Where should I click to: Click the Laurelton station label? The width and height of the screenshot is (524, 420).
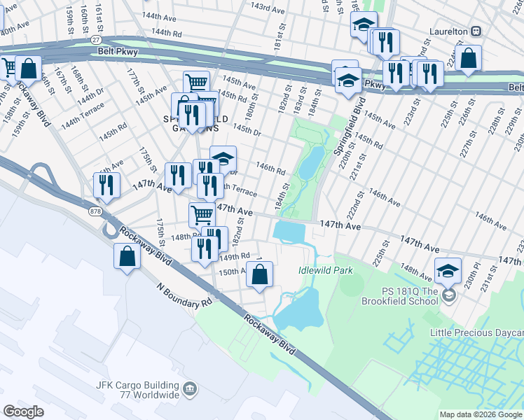click(448, 32)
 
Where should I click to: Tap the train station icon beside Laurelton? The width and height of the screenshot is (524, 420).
click(476, 32)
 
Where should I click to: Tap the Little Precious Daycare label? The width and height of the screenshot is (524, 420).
click(479, 333)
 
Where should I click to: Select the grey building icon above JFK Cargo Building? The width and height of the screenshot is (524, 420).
click(189, 388)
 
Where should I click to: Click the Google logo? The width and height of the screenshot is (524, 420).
click(23, 412)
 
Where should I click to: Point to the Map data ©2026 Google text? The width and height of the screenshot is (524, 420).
click(481, 414)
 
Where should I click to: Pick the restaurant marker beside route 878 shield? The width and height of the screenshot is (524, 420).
click(106, 185)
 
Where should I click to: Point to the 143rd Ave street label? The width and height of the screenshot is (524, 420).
click(268, 7)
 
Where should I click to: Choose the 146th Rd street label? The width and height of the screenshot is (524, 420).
click(270, 169)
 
